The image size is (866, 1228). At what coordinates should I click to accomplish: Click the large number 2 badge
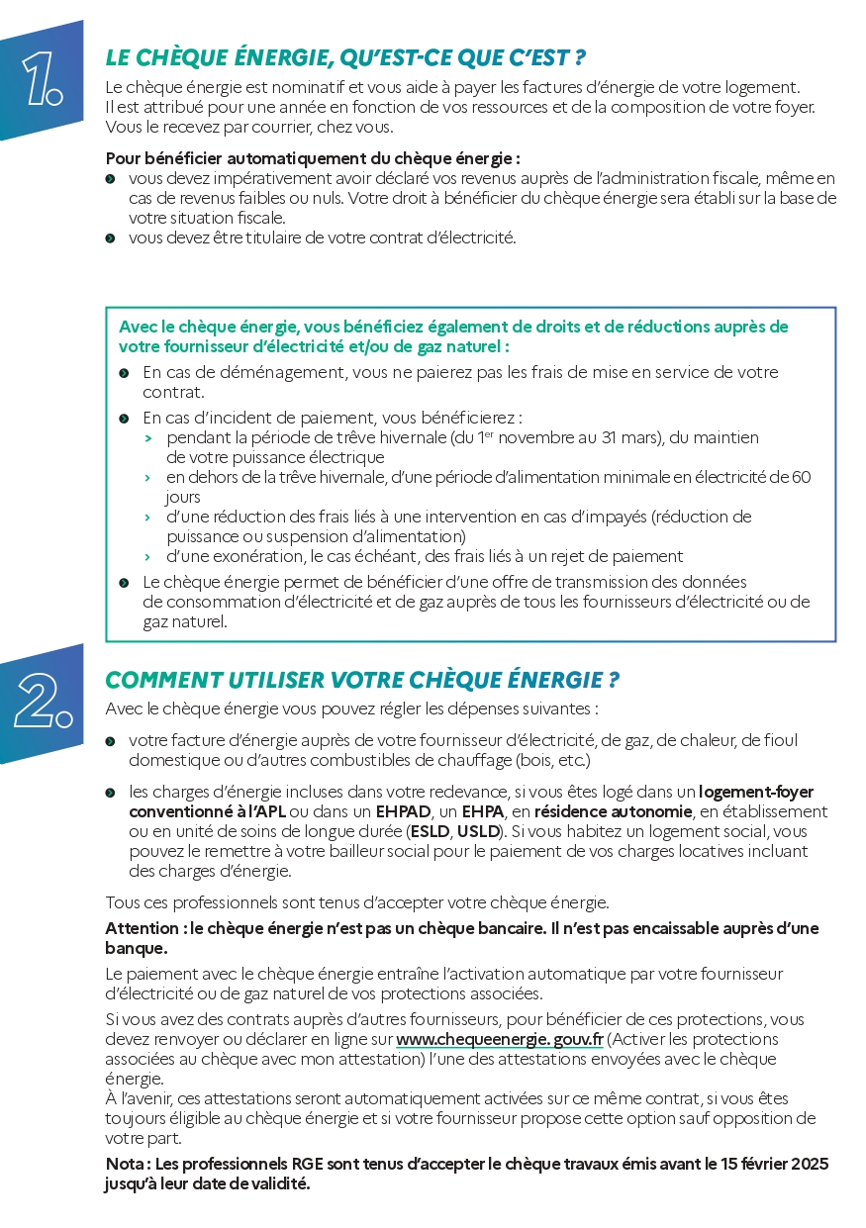coord(40,704)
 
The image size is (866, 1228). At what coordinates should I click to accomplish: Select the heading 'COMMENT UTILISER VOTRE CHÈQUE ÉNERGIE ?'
coord(362,680)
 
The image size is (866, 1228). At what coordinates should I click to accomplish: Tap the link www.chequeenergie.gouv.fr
coord(500,1039)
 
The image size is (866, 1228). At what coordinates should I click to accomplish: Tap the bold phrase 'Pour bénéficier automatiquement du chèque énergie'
coord(311,158)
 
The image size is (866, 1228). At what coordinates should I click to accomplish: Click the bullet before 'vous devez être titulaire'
coord(110,237)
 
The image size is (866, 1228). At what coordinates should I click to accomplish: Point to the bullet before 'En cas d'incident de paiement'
coord(124,419)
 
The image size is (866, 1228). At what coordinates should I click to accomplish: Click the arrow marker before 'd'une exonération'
coord(147,556)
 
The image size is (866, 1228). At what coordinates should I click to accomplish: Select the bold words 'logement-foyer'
coord(756,792)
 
